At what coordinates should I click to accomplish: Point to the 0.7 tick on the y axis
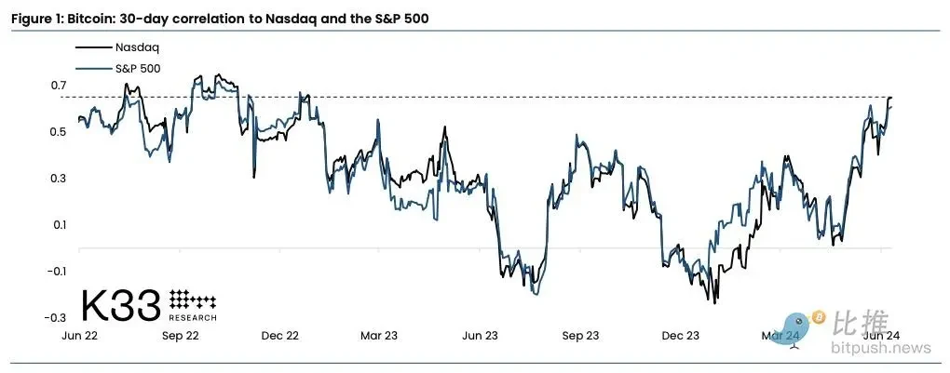[x=59, y=86]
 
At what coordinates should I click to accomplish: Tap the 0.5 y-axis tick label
[x=59, y=132]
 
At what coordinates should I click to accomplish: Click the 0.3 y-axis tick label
[x=59, y=179]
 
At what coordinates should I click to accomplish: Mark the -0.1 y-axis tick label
[x=57, y=272]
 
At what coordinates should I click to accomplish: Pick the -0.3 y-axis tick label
[x=57, y=318]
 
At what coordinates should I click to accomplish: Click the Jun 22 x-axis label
[x=79, y=335]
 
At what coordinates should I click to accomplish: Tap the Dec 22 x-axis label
[x=279, y=335]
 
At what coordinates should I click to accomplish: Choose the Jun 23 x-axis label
[x=480, y=335]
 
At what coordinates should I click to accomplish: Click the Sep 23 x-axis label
[x=580, y=335]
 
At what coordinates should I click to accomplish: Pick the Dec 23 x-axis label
[x=680, y=335]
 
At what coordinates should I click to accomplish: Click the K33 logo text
[x=121, y=305]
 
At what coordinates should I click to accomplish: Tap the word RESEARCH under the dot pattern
[x=194, y=317]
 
